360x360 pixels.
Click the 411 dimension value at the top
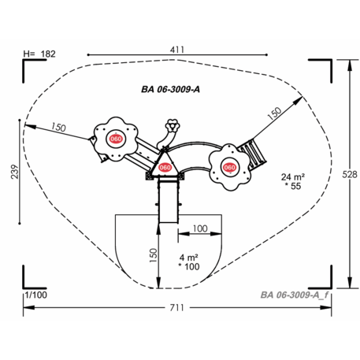coord(177,50)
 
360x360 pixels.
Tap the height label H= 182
coord(39,54)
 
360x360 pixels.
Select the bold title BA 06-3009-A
coord(171,89)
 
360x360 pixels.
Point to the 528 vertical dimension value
coord(350,174)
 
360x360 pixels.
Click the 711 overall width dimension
coord(177,307)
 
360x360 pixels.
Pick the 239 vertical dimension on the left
coord(15,172)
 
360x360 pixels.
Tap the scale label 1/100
coord(36,295)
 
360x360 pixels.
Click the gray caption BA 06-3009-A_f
coord(295,295)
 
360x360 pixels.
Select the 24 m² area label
coord(293,177)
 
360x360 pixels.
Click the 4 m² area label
coord(189,258)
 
